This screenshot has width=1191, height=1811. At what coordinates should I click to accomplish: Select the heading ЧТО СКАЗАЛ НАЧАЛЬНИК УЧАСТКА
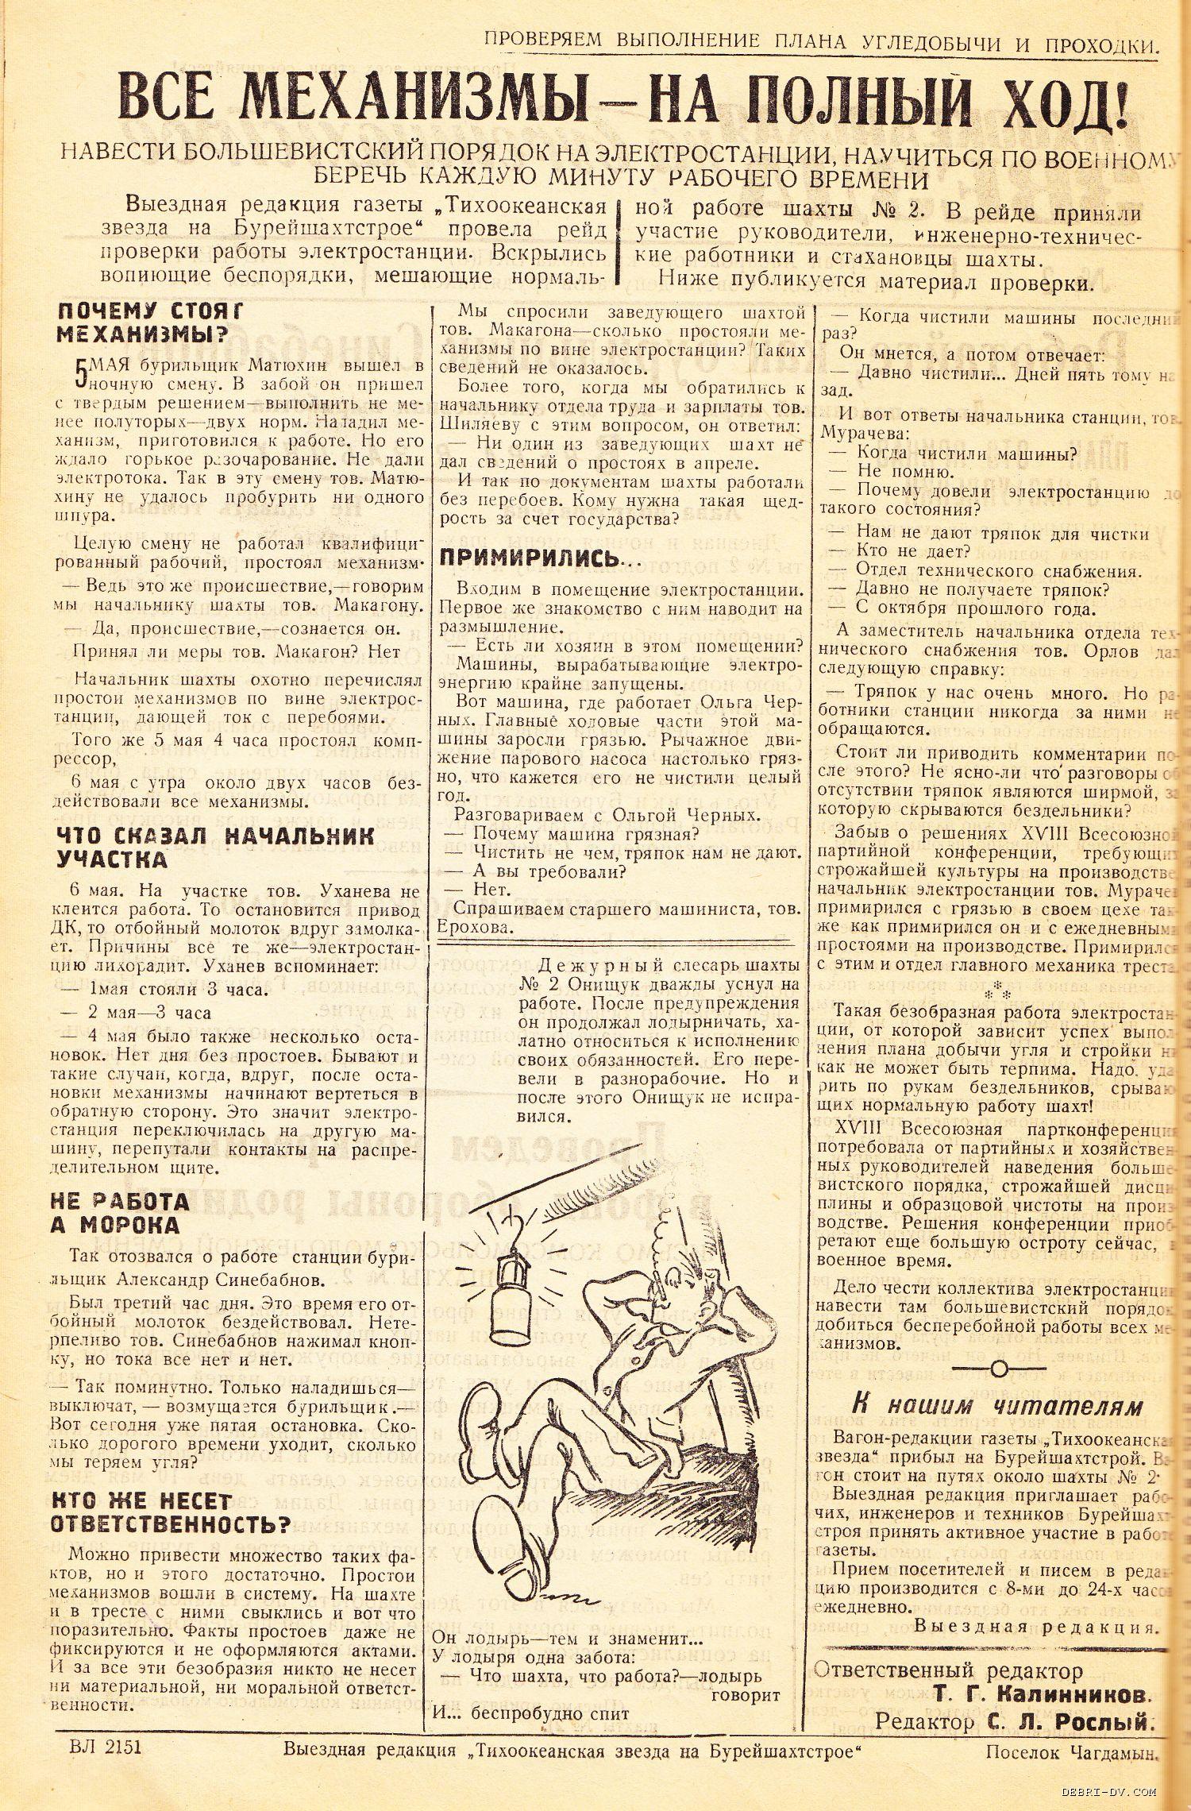click(215, 847)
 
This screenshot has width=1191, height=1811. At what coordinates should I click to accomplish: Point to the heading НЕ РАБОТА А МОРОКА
click(120, 1212)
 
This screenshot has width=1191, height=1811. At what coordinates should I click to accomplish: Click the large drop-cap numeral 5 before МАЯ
click(79, 373)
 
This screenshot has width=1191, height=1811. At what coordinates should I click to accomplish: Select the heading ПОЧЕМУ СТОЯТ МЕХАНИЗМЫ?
click(150, 322)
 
